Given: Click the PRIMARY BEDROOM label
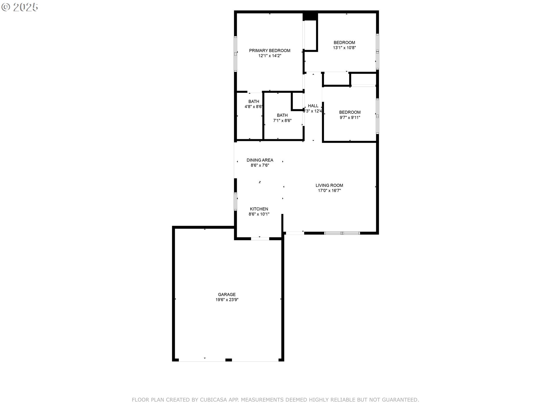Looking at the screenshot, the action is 269,51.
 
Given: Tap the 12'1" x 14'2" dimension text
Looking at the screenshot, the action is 269,56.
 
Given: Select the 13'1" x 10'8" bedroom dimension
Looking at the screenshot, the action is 344,48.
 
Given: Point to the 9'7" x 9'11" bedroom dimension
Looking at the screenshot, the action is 350,118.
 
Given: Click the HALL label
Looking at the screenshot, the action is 313,106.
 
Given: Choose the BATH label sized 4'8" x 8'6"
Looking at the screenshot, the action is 254,101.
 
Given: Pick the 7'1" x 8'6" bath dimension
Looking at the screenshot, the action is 282,120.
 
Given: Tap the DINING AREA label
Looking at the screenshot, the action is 260,160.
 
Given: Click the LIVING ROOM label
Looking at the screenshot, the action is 329,185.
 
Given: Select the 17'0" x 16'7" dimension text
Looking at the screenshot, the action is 329,191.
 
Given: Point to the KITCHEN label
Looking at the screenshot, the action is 259,209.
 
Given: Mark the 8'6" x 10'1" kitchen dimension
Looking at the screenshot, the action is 259,214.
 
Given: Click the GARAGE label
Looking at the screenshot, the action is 227,294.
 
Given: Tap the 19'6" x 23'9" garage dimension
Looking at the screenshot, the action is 227,300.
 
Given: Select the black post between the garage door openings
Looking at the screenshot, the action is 228,360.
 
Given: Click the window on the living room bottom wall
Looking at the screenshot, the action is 342,233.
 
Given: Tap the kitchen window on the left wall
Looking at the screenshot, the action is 236,202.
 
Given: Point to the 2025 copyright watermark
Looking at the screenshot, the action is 20,7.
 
